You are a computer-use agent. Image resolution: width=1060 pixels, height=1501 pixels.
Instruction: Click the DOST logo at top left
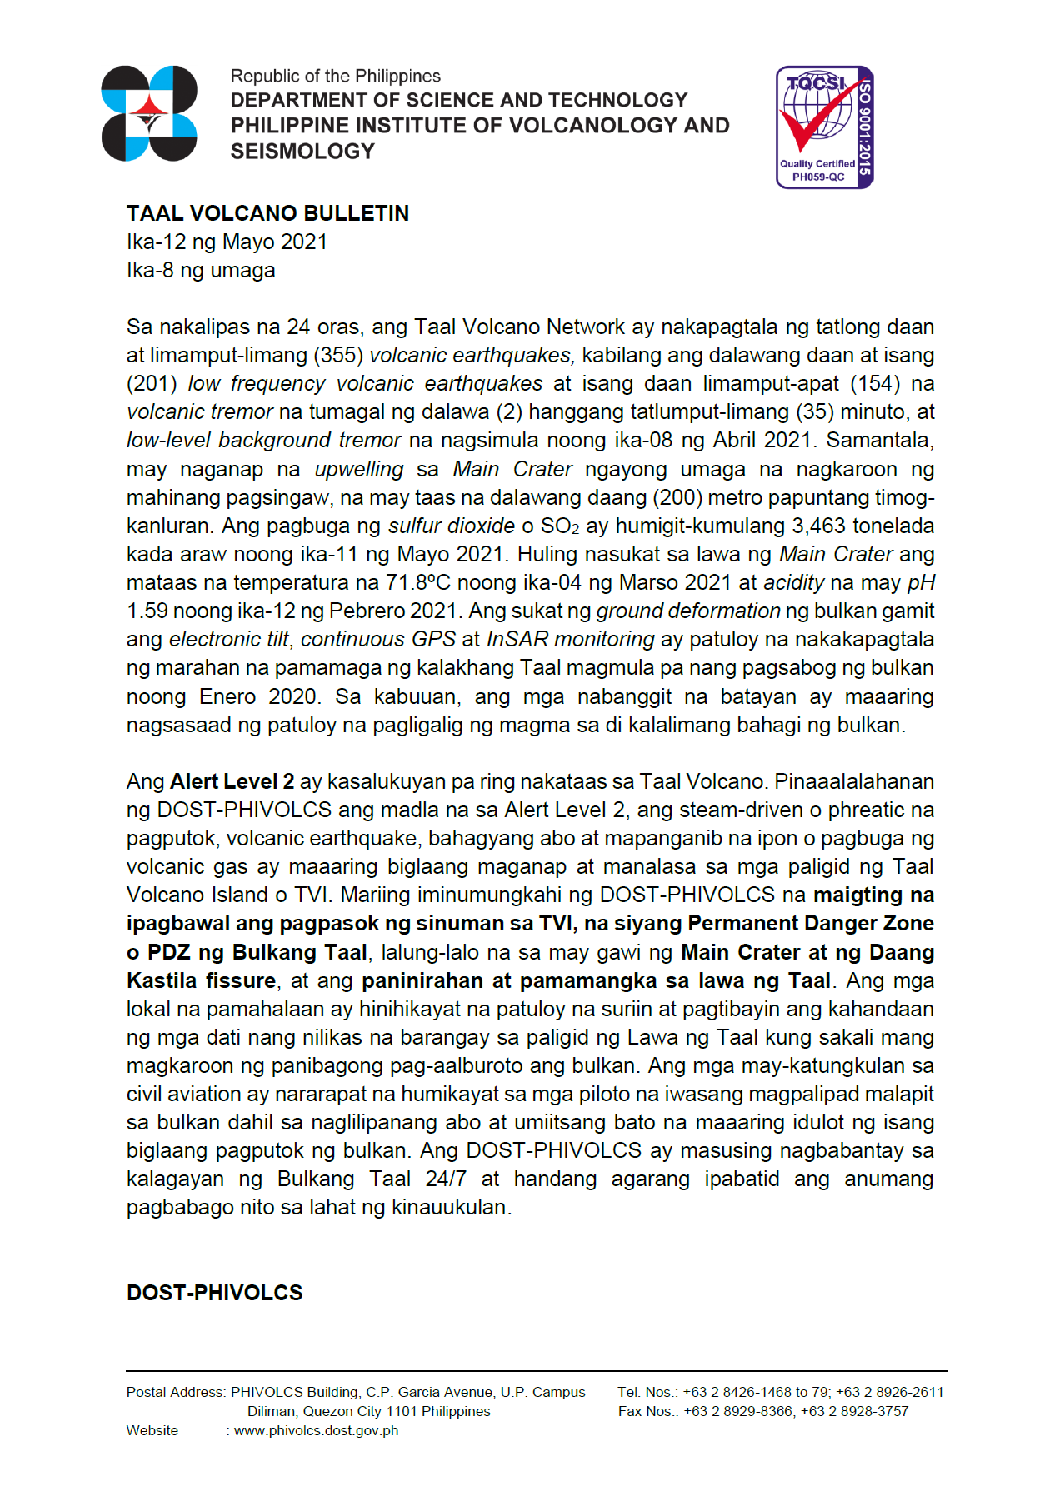(x=149, y=113)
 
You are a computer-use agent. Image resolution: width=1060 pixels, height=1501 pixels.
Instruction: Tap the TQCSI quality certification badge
(x=824, y=127)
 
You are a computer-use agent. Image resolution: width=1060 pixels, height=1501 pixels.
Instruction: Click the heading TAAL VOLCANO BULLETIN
(x=267, y=213)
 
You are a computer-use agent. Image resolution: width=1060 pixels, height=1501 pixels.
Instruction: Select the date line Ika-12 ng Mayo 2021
(x=227, y=242)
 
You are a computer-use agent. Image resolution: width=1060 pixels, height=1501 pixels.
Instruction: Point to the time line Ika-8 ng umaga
(x=201, y=270)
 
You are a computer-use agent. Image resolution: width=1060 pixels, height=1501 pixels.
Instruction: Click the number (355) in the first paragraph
(x=337, y=355)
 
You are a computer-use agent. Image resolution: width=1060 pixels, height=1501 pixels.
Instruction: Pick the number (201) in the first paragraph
(x=152, y=383)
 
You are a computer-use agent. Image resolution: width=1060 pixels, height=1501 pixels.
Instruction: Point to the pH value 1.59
(x=147, y=611)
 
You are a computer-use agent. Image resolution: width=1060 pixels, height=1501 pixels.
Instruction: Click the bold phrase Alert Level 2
(x=232, y=781)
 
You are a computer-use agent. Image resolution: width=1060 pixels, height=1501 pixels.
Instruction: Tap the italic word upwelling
(x=359, y=469)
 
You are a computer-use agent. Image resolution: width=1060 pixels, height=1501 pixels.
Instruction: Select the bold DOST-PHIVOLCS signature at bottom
(x=214, y=1292)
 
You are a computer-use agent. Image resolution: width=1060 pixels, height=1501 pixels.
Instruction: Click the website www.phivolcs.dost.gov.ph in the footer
(x=316, y=1430)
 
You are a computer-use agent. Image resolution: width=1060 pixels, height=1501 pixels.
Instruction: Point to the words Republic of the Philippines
(x=335, y=76)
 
